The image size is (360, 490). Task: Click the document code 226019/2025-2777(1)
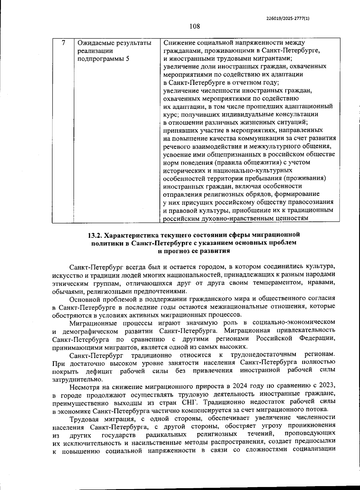[288, 18]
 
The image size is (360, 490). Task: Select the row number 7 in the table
[63, 43]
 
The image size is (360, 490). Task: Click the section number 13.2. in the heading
[95, 234]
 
